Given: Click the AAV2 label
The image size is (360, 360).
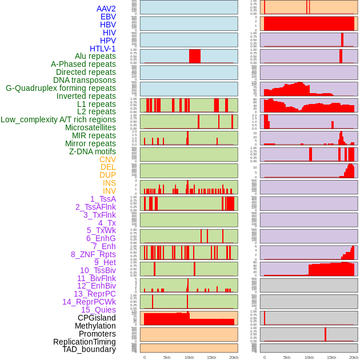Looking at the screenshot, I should click(x=106, y=9).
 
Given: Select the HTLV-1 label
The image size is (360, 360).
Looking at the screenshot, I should click(x=102, y=49).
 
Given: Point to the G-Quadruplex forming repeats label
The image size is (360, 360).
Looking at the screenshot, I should click(x=61, y=88).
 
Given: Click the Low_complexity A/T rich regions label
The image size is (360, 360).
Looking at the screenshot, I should click(x=58, y=119).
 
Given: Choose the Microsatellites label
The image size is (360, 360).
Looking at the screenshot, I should click(x=90, y=127).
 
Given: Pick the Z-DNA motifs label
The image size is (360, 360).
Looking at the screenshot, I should click(x=92, y=151).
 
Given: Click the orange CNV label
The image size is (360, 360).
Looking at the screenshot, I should click(x=107, y=159).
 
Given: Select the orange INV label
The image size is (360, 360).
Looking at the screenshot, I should click(x=109, y=191).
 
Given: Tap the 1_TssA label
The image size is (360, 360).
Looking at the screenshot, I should click(x=103, y=199).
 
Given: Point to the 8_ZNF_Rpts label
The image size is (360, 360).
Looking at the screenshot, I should click(x=93, y=254).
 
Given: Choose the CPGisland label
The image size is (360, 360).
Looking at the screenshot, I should click(x=97, y=318).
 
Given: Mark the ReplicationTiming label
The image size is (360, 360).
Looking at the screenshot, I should click(x=85, y=342).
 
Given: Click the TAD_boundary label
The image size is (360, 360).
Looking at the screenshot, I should click(x=89, y=349).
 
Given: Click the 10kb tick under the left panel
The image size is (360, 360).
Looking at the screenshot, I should click(x=189, y=357).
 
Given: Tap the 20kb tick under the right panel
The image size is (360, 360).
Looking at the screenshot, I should click(x=354, y=357).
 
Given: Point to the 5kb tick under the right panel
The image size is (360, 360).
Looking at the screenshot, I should click(x=287, y=357).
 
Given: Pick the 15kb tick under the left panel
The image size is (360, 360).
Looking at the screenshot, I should click(x=211, y=357).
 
